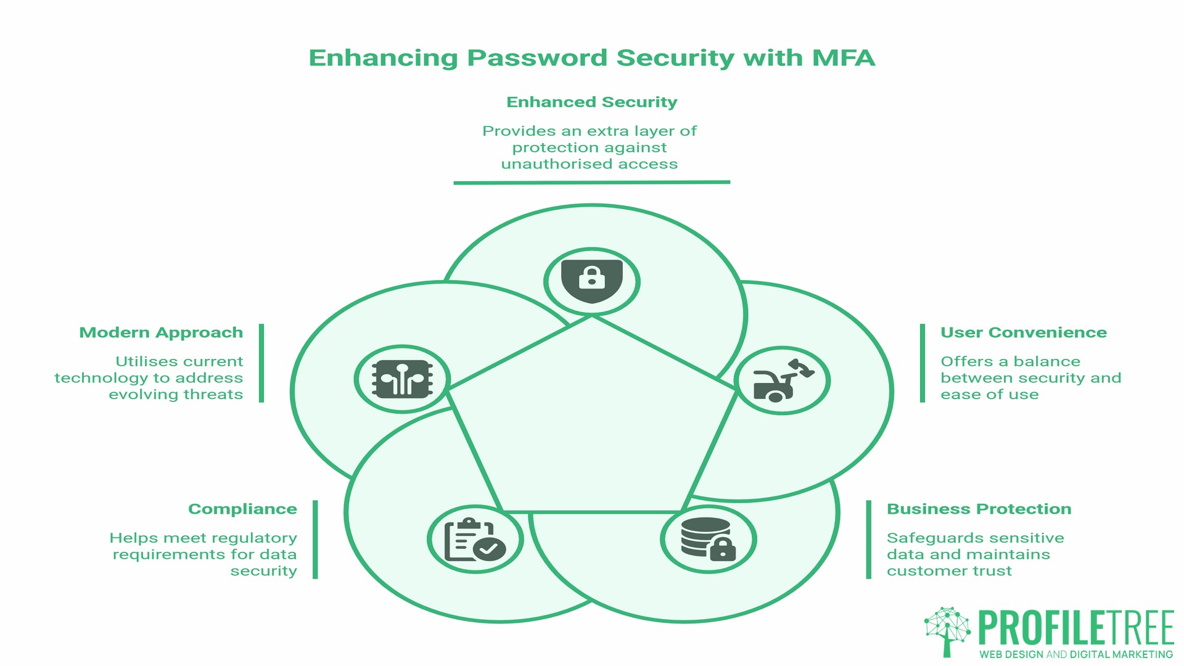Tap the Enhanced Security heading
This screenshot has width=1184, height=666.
coord(591,102)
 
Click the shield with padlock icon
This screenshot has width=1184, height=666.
coord(591,281)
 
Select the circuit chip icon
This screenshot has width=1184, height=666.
coord(402,379)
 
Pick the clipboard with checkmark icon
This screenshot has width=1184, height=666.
coord(474,540)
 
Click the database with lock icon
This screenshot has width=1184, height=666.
coord(708,539)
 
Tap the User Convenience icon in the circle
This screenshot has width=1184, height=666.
coord(782,380)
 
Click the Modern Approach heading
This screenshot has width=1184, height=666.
coord(161,333)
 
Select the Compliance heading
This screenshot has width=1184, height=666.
coord(242,509)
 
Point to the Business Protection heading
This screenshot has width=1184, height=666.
coord(979,509)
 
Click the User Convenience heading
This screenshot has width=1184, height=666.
coord(1023,333)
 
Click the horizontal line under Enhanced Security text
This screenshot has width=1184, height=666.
coord(591,183)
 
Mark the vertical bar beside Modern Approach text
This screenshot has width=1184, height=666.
coord(261,363)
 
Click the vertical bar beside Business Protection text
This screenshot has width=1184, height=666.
coord(869,540)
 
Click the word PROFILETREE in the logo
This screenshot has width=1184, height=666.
coord(1075,629)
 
